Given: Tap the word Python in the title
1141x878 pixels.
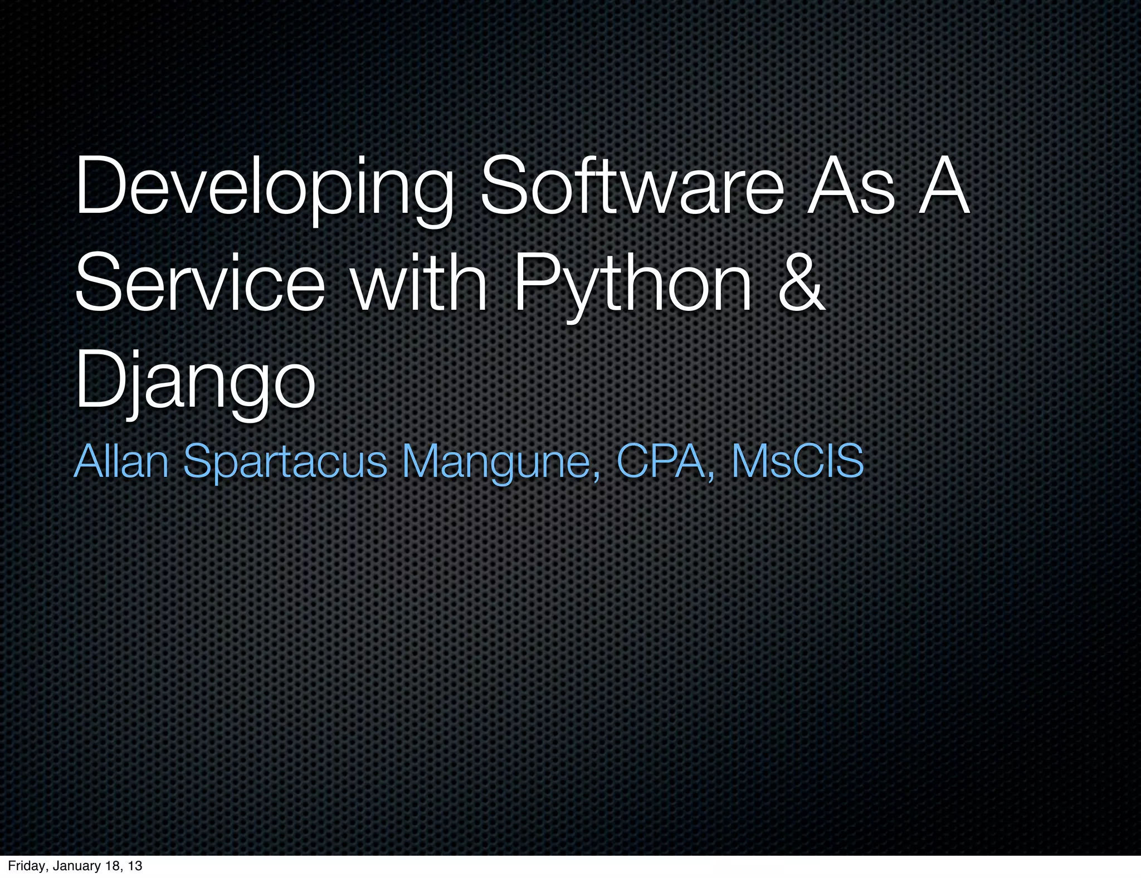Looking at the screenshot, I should click(633, 284).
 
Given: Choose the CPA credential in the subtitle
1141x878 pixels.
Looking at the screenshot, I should click(663, 461).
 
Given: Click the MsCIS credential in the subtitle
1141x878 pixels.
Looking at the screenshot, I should click(797, 461).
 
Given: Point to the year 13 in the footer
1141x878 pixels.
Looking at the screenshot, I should click(134, 866).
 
